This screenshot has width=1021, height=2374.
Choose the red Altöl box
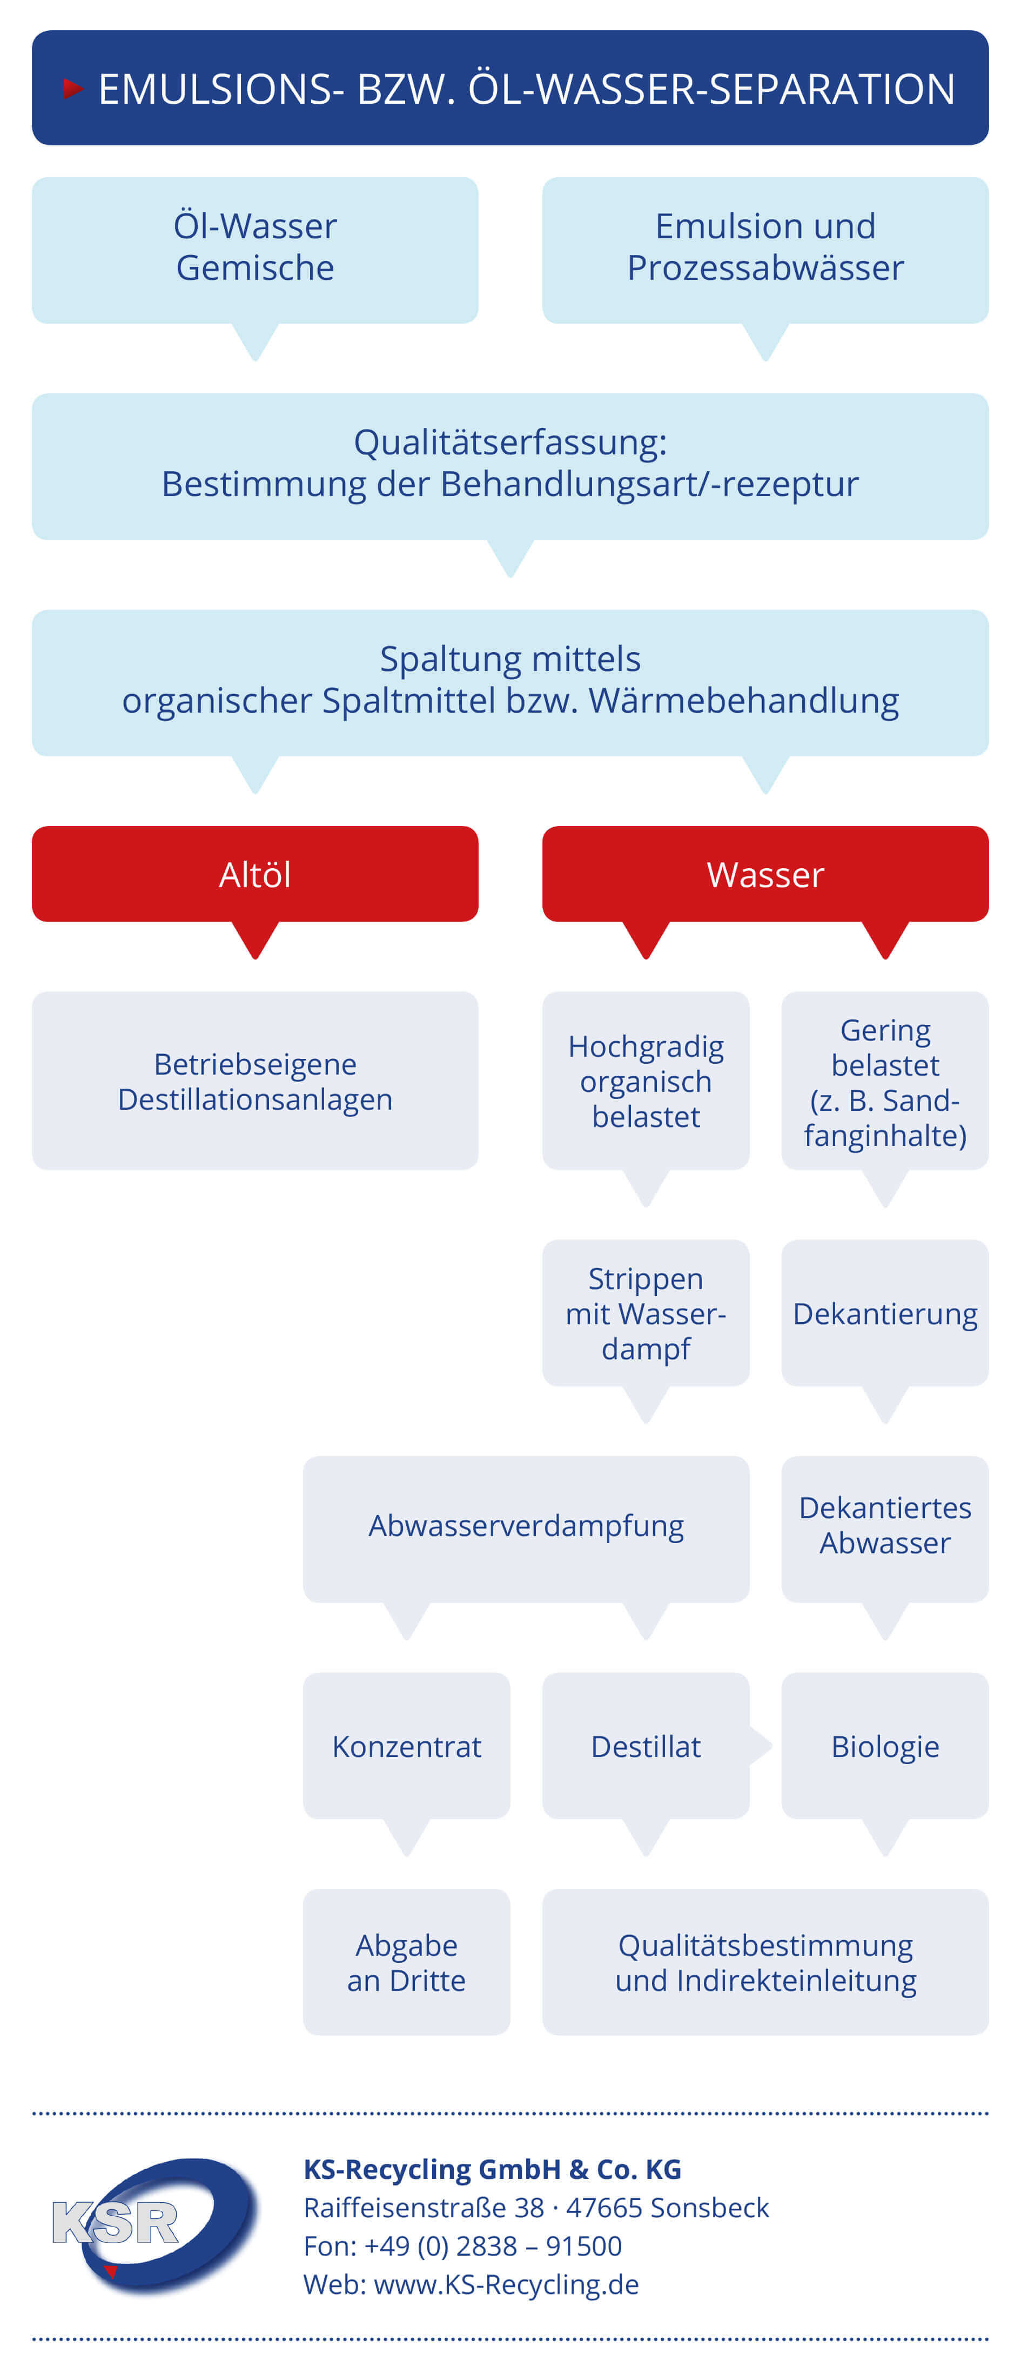(255, 874)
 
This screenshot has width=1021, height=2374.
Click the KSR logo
(154, 2225)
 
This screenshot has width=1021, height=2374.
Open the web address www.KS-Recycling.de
(506, 2285)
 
